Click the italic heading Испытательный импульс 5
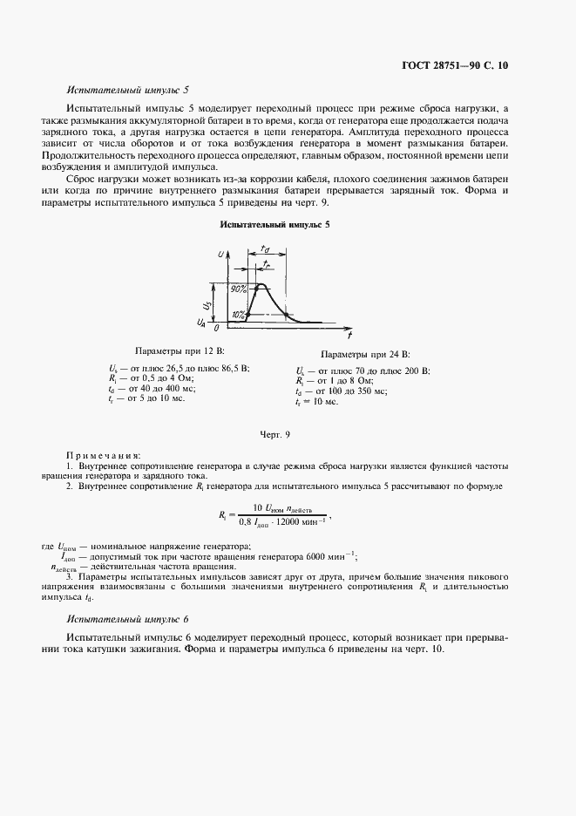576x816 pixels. click(127, 90)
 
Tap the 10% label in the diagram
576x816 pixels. click(238, 314)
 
